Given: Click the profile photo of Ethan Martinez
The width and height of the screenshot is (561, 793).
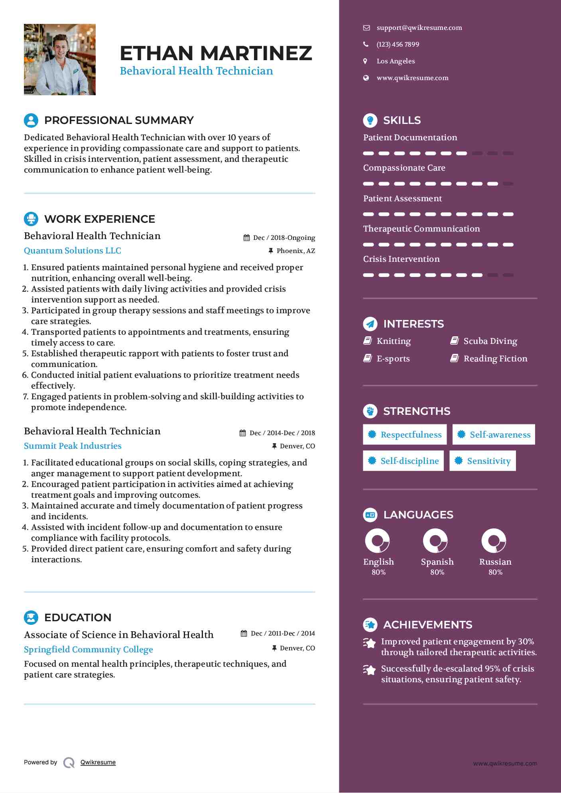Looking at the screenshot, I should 60,59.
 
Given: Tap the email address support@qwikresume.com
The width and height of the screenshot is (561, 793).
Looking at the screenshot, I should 419,28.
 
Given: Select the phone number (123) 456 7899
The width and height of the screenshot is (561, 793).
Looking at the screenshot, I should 398,45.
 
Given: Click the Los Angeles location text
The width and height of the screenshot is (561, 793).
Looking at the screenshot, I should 396,61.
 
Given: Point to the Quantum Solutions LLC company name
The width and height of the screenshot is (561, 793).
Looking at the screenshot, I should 73,251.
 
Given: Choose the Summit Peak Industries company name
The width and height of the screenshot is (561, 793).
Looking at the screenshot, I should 73,446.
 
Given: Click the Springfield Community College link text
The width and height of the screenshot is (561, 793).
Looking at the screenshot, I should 88,650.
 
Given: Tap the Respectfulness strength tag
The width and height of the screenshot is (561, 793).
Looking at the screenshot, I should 405,434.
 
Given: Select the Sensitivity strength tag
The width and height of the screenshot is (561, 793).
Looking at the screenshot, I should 482,461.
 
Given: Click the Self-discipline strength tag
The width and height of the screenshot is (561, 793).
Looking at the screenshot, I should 403,461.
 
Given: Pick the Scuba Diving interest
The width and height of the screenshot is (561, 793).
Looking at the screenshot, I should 490,341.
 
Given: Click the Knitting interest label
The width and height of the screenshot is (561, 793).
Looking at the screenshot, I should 394,341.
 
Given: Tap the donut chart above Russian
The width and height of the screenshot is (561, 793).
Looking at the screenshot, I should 494,541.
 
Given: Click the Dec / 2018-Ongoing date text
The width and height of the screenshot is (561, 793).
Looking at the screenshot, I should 284,238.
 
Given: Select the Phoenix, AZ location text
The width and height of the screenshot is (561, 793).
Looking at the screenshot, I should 295,251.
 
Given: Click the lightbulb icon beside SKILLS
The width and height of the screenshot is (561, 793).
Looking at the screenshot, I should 370,120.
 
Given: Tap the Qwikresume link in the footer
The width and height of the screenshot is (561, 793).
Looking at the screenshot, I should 98,762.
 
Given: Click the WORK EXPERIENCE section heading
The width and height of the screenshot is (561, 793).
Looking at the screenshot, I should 100,219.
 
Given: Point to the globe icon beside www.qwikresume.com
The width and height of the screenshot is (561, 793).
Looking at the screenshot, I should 366,78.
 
